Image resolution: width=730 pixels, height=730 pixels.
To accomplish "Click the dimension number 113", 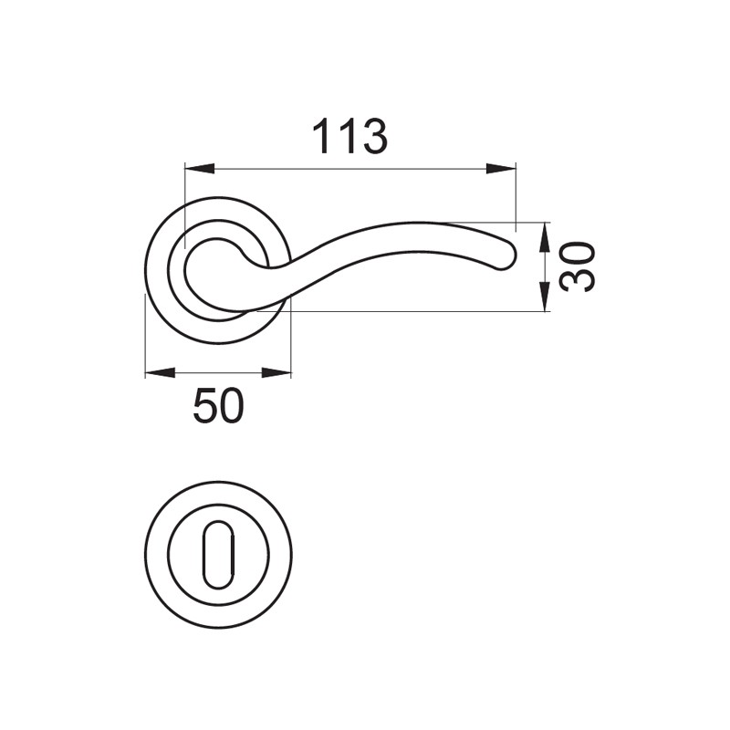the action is (x=349, y=136).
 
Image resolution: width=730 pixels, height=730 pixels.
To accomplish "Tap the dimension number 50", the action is (x=218, y=406).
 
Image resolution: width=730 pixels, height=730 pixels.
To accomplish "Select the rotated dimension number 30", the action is (x=579, y=266).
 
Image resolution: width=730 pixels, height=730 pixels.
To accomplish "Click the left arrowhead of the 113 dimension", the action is (x=200, y=169).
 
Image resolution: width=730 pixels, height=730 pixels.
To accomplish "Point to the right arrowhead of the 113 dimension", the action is (x=501, y=169).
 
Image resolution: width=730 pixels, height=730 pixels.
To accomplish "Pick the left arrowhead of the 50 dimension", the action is (x=161, y=372).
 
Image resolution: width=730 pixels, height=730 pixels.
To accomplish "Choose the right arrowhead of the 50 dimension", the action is (x=276, y=372).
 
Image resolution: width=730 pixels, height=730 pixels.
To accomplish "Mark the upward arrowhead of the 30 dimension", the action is (x=543, y=237).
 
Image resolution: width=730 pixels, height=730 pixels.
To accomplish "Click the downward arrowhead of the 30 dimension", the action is (x=543, y=296).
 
